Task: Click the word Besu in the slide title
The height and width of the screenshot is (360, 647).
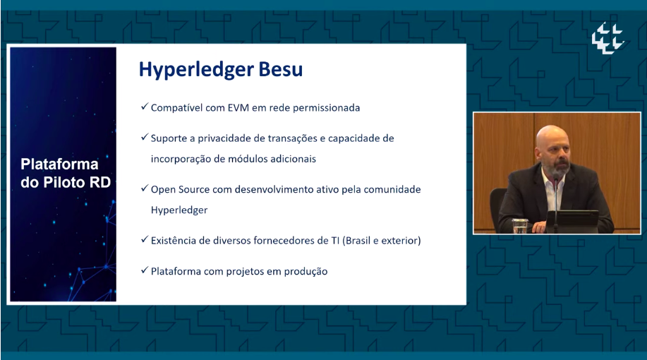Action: tap(281, 69)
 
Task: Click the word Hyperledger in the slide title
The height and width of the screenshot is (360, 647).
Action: tap(196, 70)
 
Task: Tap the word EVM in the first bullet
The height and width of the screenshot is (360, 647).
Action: tap(238, 108)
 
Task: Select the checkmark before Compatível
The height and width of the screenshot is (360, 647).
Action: tap(145, 107)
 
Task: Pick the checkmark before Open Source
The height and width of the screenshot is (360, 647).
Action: tap(145, 188)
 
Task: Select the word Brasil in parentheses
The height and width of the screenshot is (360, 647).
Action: tap(358, 241)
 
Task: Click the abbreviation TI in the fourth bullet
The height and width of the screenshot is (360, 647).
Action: tap(335, 241)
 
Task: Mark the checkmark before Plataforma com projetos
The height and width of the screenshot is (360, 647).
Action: tap(145, 270)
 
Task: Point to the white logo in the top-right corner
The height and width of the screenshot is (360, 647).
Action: tap(607, 38)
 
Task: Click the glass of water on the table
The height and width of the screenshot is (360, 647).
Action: tap(519, 226)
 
